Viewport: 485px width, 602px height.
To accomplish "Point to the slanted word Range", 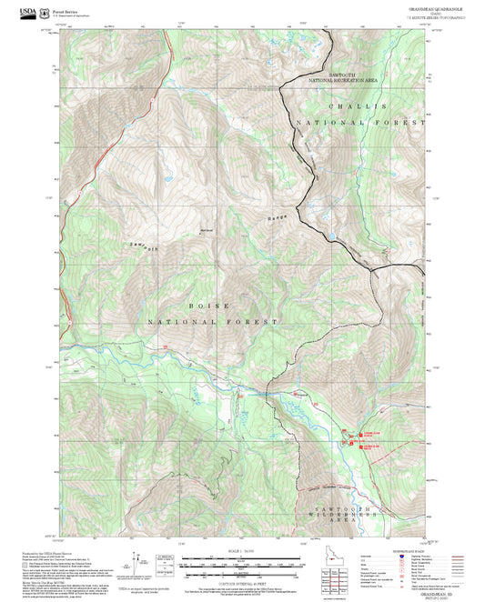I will pyautogui.click(x=278, y=218).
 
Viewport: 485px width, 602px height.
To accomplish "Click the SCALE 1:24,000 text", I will pyautogui.click(x=240, y=550).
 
